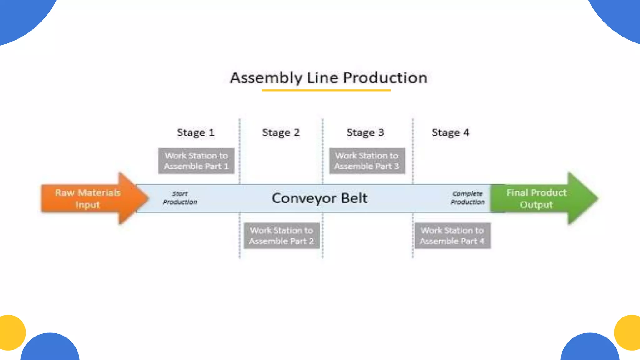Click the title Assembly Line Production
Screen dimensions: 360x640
(x=328, y=77)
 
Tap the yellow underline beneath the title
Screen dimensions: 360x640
(x=326, y=90)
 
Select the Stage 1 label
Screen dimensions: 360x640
(x=196, y=132)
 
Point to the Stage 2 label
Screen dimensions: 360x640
(x=281, y=132)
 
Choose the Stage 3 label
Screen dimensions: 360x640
(x=365, y=132)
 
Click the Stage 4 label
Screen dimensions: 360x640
(x=450, y=132)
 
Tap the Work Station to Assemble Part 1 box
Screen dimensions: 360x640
(x=196, y=161)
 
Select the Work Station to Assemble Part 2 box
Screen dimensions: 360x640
(x=282, y=236)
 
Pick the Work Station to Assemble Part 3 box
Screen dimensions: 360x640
(x=367, y=161)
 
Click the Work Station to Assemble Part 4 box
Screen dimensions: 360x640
(x=452, y=236)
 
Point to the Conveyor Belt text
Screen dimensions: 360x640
(x=320, y=198)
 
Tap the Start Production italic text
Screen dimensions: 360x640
(x=180, y=198)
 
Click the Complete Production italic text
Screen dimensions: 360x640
(x=467, y=198)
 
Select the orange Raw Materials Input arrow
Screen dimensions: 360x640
(x=91, y=198)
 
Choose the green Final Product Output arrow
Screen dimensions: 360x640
(x=541, y=198)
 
